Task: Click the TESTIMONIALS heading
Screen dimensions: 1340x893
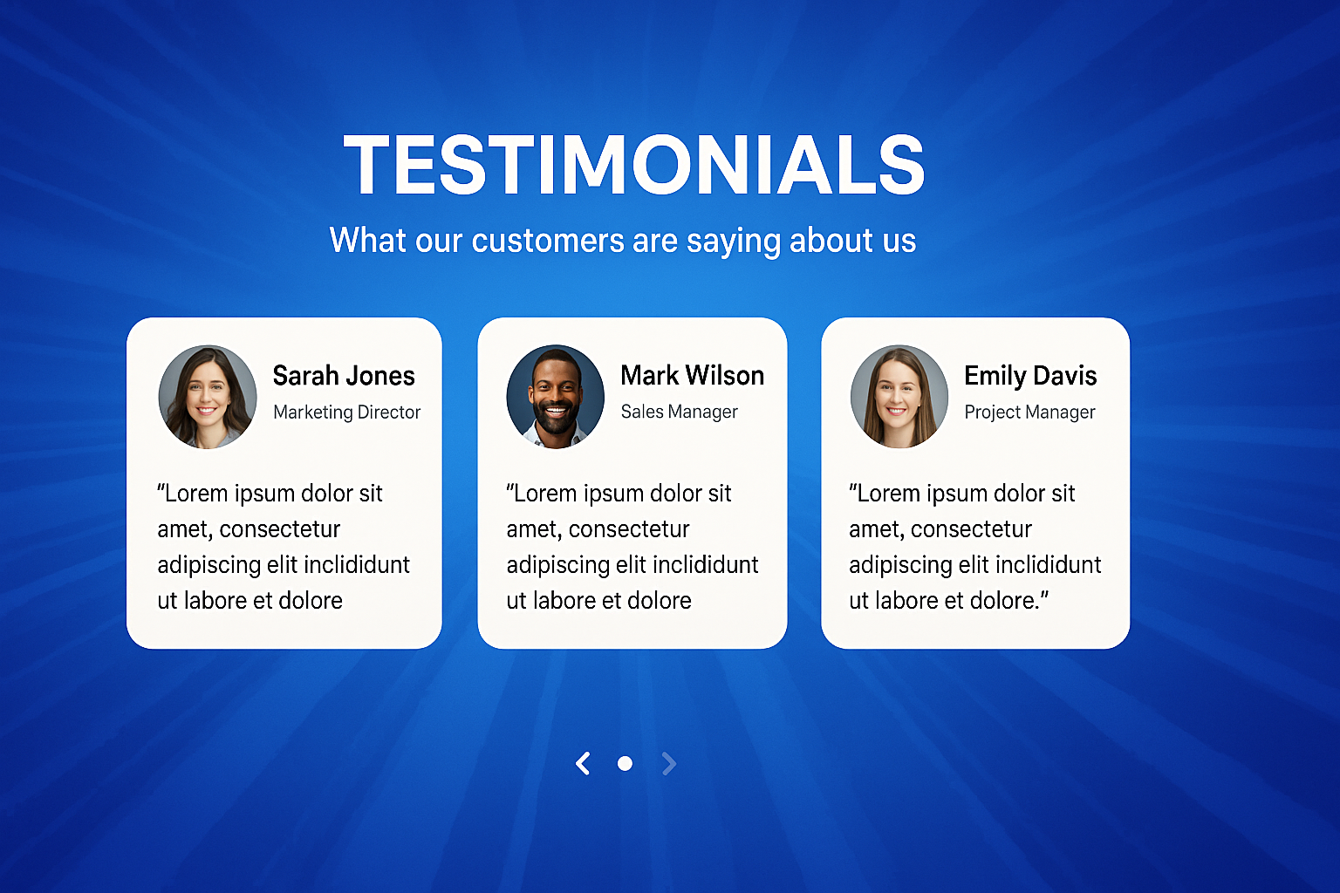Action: (x=634, y=165)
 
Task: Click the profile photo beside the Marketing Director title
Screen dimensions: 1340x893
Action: (x=208, y=397)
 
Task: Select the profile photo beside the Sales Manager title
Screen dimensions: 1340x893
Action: (x=555, y=397)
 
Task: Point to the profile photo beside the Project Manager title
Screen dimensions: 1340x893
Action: (x=899, y=397)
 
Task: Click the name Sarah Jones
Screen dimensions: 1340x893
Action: (x=344, y=376)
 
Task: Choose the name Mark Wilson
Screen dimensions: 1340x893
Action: (x=692, y=376)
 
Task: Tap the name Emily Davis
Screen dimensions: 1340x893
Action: (x=1030, y=376)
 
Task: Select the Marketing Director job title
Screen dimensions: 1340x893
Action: (x=347, y=412)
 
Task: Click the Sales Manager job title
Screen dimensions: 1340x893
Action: (x=679, y=412)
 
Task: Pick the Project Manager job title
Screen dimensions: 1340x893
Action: (x=1029, y=412)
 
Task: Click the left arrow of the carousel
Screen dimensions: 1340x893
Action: (x=584, y=763)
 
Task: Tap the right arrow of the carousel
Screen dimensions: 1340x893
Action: (x=669, y=763)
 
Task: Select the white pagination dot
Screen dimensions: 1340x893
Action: (x=626, y=763)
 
